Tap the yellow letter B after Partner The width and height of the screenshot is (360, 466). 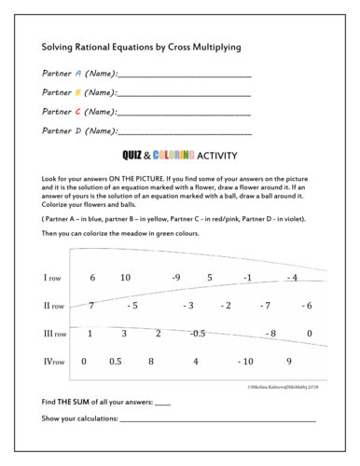click(78, 92)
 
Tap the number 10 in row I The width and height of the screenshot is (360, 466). click(125, 278)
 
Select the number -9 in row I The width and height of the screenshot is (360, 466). click(175, 278)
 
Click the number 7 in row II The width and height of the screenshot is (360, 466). click(91, 305)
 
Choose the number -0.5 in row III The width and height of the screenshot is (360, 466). click(197, 333)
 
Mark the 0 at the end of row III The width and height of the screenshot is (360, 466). click(309, 333)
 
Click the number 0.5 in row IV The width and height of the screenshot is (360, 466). click(116, 361)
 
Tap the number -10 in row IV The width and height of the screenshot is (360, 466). click(245, 361)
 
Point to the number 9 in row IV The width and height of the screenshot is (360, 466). click(289, 361)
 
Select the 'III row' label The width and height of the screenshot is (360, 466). click(53, 333)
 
